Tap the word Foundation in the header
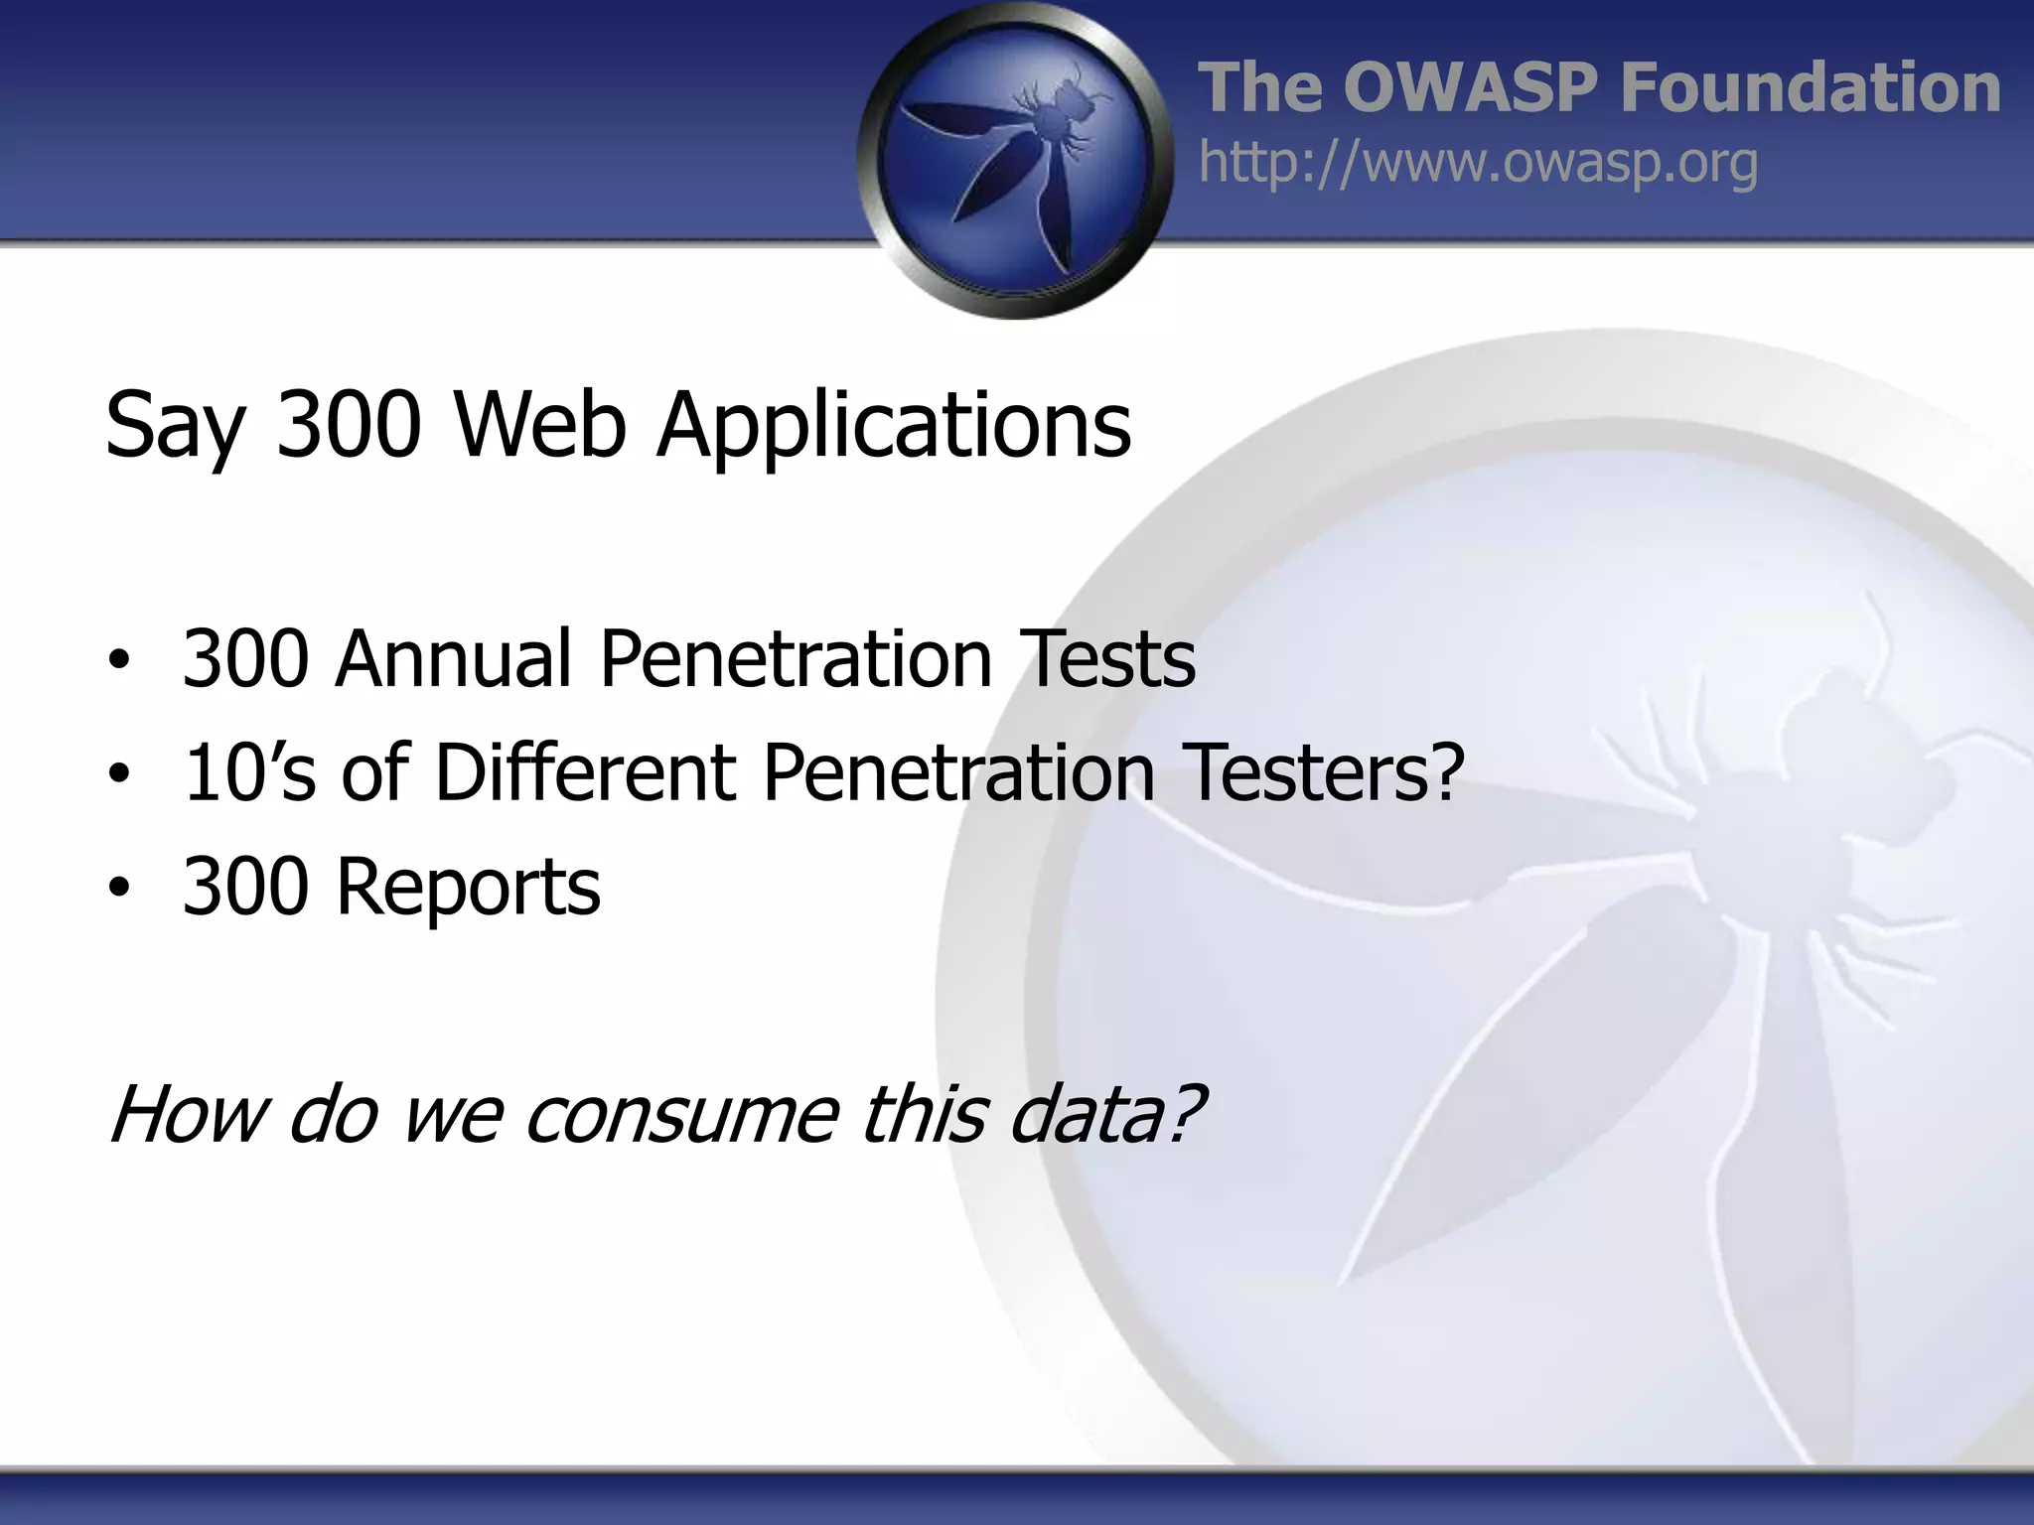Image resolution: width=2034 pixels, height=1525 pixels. pos(1810,87)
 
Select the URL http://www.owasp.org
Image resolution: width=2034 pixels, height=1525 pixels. pos(1478,163)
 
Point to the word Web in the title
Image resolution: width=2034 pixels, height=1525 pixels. pos(540,425)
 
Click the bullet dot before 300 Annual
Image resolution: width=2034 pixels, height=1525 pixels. pos(119,662)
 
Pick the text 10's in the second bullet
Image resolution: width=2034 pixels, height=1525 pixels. pos(249,771)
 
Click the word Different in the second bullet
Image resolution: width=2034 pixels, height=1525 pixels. pos(585,771)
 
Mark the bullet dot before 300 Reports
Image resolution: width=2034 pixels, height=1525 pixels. pos(119,889)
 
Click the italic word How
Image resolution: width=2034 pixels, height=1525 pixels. pos(188,1114)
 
